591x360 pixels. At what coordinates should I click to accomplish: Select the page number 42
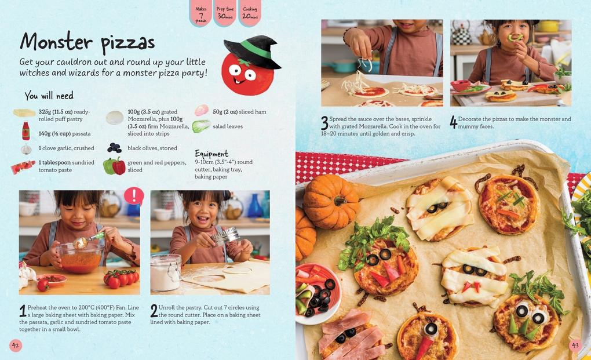click(16, 346)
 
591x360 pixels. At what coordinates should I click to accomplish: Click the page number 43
click(575, 346)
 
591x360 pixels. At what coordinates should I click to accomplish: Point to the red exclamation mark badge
click(134, 196)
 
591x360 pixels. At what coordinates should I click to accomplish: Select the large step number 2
click(154, 311)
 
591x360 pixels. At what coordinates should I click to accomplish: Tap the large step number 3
click(324, 123)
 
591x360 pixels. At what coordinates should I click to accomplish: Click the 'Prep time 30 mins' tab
click(225, 13)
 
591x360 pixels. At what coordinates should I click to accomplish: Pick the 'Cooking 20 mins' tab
click(250, 13)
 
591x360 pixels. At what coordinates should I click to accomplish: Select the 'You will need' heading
click(49, 96)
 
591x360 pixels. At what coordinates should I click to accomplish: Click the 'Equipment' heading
click(211, 154)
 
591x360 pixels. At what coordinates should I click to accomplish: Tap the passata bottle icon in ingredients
click(25, 131)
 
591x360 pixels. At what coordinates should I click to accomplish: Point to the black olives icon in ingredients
click(115, 148)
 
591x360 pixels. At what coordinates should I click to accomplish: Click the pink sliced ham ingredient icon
click(201, 110)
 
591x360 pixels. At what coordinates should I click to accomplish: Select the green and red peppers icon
click(114, 166)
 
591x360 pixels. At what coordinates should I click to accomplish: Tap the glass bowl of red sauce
click(81, 258)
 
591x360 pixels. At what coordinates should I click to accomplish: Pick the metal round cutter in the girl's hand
click(225, 235)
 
